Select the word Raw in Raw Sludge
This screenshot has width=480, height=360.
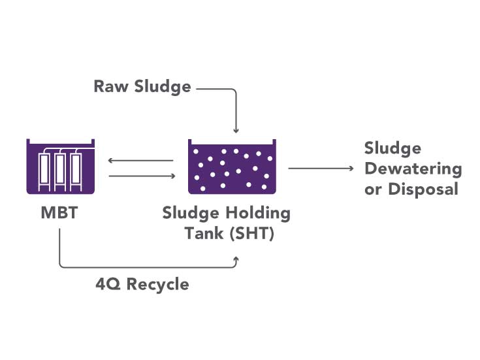pyautogui.click(x=110, y=87)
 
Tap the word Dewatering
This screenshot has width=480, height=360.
pyautogui.click(x=413, y=169)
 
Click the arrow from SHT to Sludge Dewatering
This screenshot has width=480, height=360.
pyautogui.click(x=320, y=169)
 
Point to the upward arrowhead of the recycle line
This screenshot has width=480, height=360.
pyautogui.click(x=236, y=260)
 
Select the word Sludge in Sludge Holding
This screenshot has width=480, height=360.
pyautogui.click(x=190, y=213)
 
